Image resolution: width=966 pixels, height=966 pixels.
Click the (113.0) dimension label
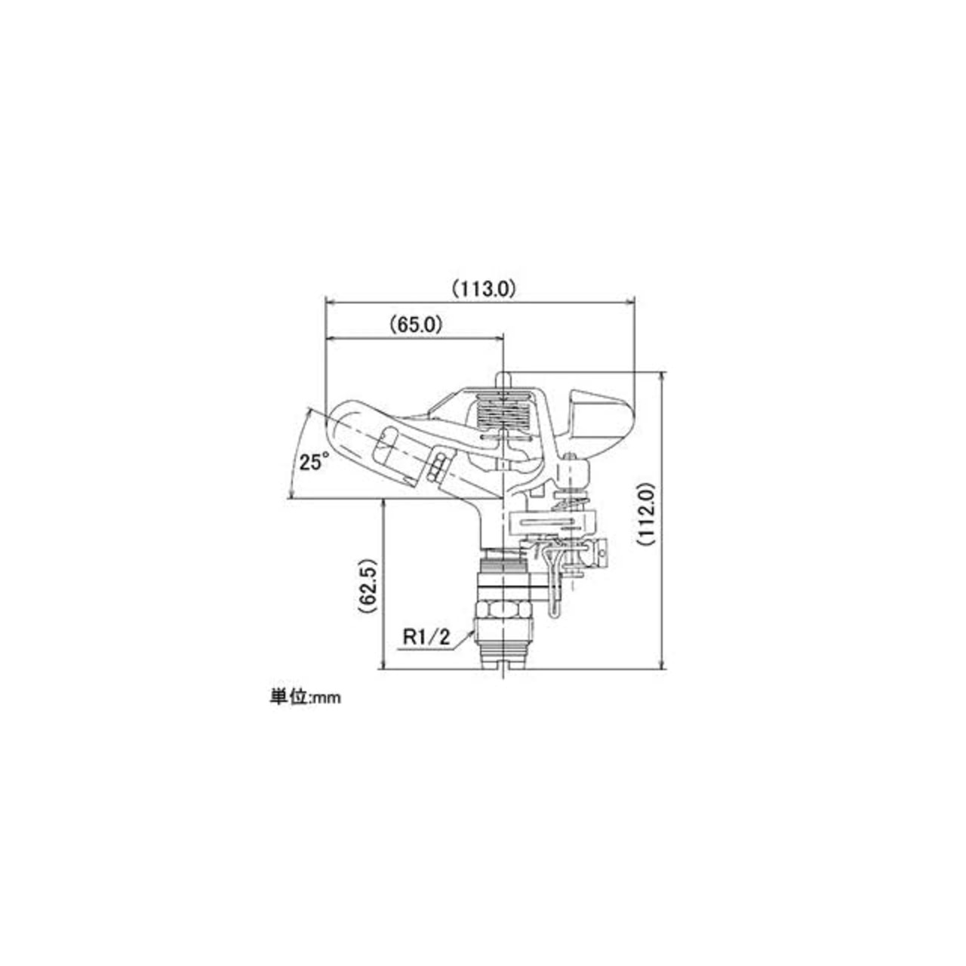(x=484, y=289)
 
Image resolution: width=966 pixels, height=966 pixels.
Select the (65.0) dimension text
(x=416, y=325)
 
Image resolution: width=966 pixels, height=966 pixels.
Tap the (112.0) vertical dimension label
(x=647, y=514)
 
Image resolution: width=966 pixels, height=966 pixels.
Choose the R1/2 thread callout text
(x=427, y=638)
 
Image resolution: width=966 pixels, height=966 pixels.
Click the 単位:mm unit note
(x=306, y=697)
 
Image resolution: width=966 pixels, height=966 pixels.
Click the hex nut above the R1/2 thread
(x=503, y=610)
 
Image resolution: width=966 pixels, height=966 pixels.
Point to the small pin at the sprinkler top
(x=503, y=377)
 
